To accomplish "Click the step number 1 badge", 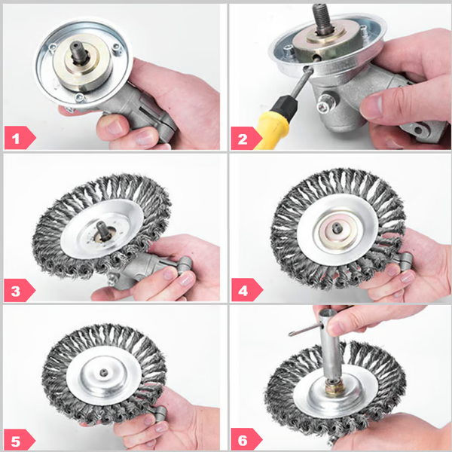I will click(x=18, y=137).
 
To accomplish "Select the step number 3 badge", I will click(x=18, y=289).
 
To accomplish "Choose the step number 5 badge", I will click(x=18, y=438).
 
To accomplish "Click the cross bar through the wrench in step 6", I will click(x=301, y=332).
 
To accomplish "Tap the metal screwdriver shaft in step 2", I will click(x=297, y=86).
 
